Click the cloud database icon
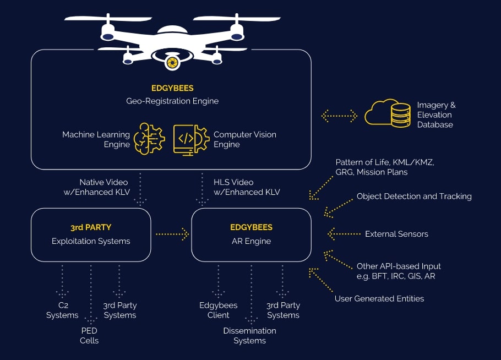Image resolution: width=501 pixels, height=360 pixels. point(391,114)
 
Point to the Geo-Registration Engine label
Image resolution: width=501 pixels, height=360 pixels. point(172,101)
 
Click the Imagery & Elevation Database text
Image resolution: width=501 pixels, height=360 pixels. point(436,114)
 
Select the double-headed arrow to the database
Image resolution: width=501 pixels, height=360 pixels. point(339,116)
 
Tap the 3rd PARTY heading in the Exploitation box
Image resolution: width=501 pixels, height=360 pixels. point(91,227)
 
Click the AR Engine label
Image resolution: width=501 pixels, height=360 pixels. point(251,241)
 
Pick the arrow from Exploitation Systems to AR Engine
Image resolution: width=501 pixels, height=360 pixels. point(172,234)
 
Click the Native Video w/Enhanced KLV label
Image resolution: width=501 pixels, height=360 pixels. point(104,187)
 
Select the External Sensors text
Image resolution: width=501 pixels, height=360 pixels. point(396,234)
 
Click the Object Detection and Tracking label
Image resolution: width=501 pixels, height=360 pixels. point(414,196)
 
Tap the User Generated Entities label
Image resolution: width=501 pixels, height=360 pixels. point(379,299)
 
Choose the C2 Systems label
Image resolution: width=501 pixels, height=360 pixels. point(62,310)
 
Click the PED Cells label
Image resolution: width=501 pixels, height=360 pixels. point(89,335)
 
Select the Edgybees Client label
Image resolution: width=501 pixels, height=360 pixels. point(219,310)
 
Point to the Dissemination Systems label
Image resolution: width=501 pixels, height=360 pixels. point(249,335)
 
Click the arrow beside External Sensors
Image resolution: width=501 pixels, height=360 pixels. point(342,234)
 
